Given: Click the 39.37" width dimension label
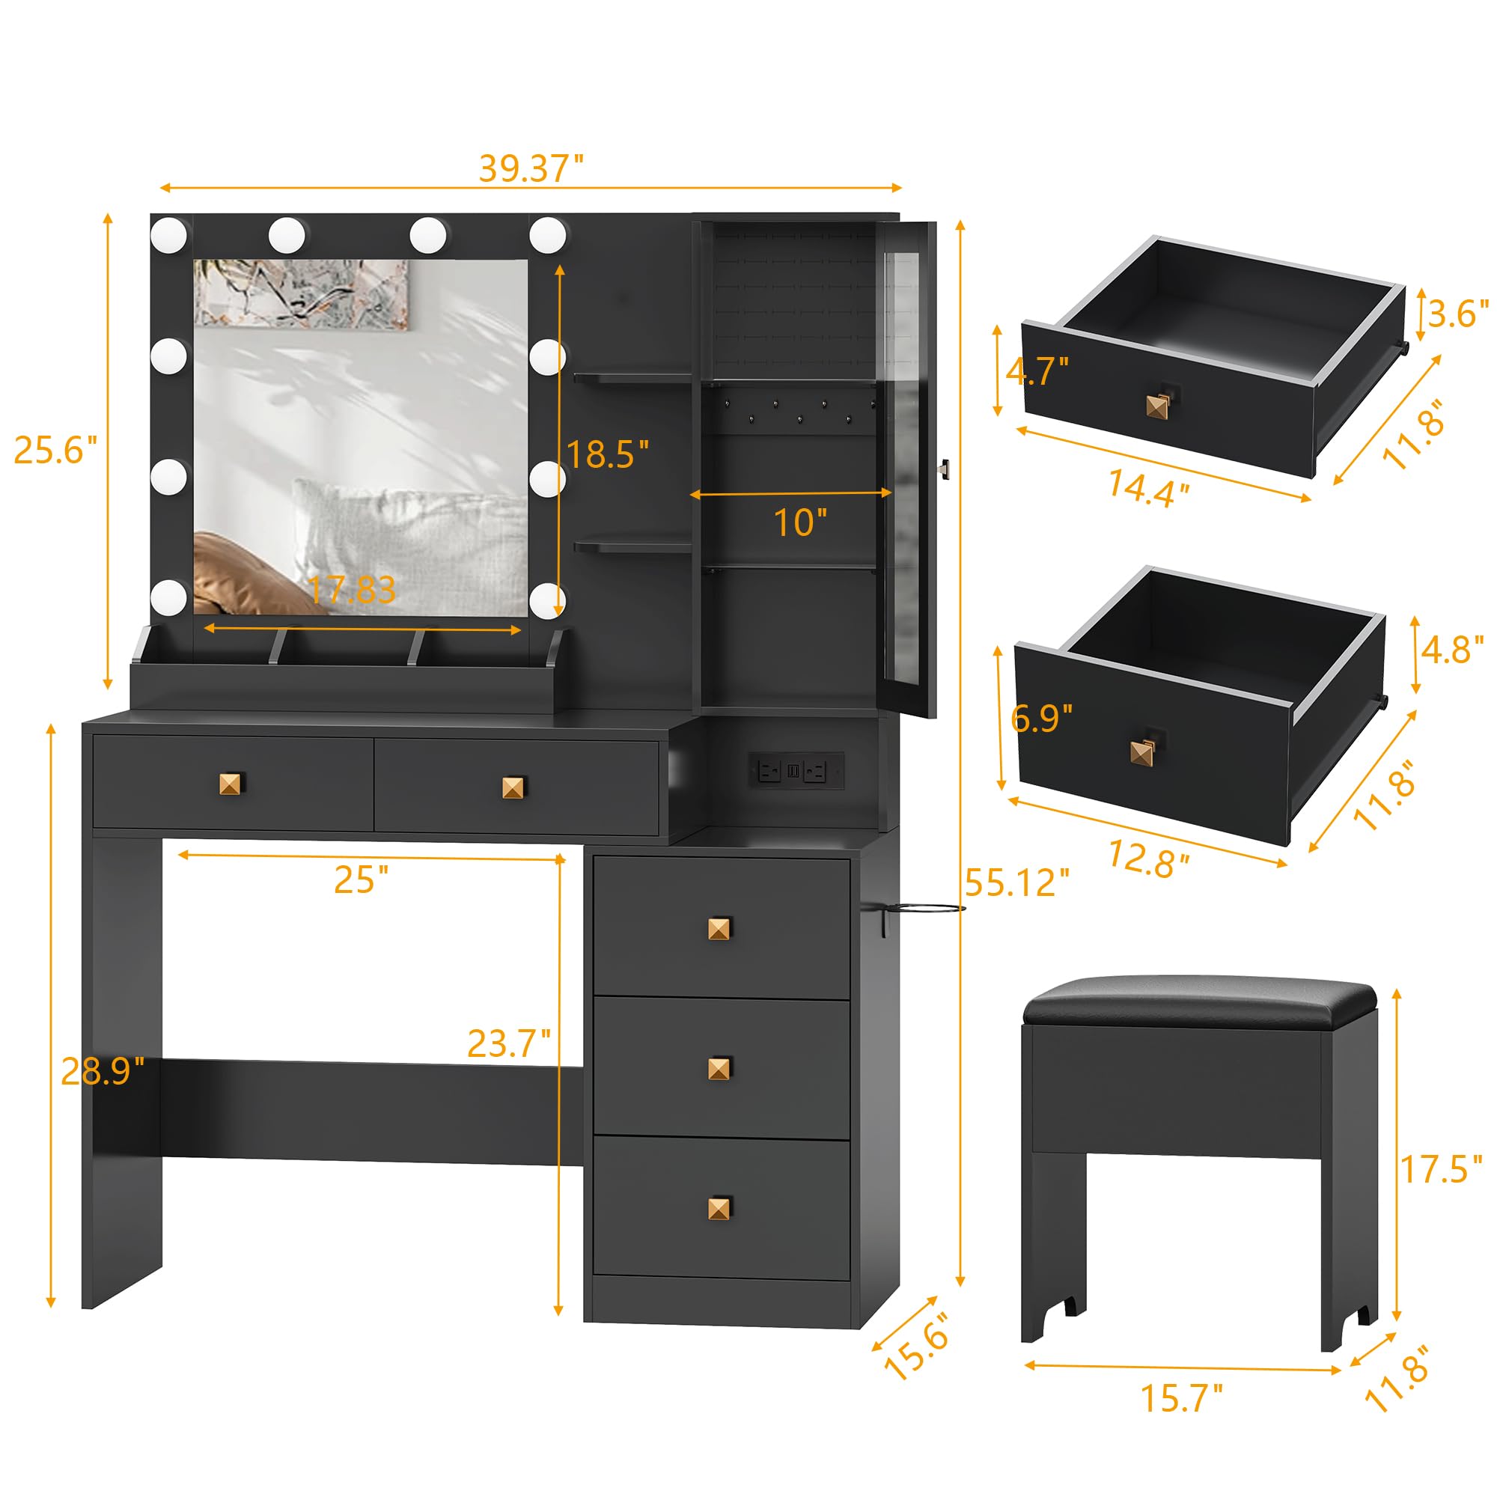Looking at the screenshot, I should (x=531, y=168).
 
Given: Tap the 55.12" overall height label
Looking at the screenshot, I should (x=1016, y=882).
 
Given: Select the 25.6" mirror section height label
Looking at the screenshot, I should (x=56, y=450).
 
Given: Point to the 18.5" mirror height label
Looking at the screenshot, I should (x=608, y=455).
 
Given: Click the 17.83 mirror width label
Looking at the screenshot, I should (x=353, y=590).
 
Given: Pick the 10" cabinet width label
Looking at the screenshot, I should (x=800, y=523).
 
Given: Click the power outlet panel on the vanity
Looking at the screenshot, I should (x=796, y=771).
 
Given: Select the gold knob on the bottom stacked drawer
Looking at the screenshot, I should (x=720, y=1208).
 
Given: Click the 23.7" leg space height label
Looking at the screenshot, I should (x=509, y=1043).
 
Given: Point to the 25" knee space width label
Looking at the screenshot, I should (x=361, y=880).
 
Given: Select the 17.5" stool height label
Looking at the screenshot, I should (x=1439, y=1169).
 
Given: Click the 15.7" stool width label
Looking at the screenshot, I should (x=1181, y=1399).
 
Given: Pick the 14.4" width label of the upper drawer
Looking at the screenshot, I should (x=1147, y=489).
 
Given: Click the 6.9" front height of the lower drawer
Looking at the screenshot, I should (x=1042, y=719).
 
